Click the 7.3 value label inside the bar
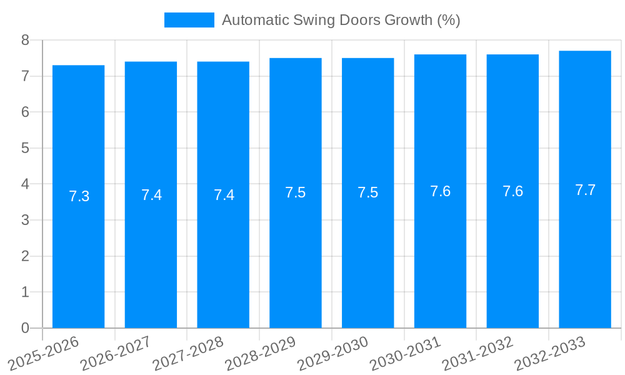click(79, 196)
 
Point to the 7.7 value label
click(585, 190)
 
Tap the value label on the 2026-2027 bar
click(151, 195)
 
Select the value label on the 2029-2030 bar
click(367, 192)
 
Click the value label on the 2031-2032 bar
click(512, 191)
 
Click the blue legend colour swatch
click(189, 20)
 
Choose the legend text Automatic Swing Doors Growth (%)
click(341, 20)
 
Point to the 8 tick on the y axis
click(25, 40)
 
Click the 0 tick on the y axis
click(25, 328)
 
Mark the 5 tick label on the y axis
click(25, 148)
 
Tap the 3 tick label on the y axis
click(25, 220)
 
